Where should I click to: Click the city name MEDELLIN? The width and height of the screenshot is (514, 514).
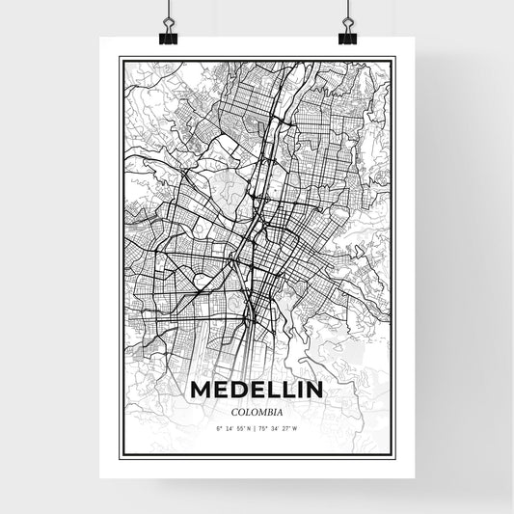[257, 390]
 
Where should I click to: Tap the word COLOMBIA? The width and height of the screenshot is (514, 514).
[257, 409]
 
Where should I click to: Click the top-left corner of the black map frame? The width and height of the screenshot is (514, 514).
[120, 58]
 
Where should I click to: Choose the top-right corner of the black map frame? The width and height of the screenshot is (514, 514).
[394, 58]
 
